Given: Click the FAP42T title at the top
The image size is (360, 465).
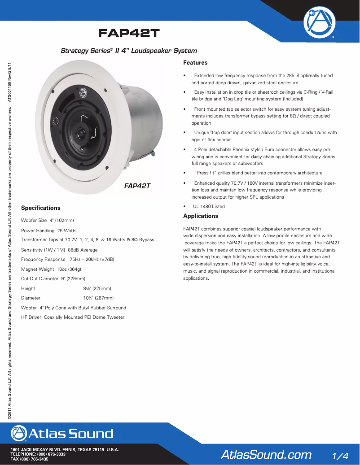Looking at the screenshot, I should coord(129,34).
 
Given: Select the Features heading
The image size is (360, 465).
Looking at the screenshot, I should coord(195,63).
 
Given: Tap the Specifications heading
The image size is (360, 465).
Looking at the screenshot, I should coord(40,208).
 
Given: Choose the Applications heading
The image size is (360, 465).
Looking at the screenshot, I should coord(201,216).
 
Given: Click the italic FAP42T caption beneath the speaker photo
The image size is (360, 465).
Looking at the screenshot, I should coord(137,186).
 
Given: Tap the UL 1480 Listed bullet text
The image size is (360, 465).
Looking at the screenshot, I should coord(209,207).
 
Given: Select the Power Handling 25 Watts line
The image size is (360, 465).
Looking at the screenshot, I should coord(49,230).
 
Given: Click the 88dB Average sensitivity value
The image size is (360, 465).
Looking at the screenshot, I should coord(83,250).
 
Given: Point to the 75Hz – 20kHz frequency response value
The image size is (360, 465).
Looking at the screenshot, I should coord(92,260).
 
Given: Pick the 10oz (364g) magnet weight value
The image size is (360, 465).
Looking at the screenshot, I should coord(69,269).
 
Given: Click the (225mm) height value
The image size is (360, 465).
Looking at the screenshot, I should coord(101,289).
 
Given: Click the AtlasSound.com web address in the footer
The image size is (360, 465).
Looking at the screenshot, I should coord(266,455).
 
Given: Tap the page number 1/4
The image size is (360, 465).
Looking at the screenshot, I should coord(340,455).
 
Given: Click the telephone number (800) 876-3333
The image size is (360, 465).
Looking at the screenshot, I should coord(49,455).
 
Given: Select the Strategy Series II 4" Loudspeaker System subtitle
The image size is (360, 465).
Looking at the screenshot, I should coord(129,51).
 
